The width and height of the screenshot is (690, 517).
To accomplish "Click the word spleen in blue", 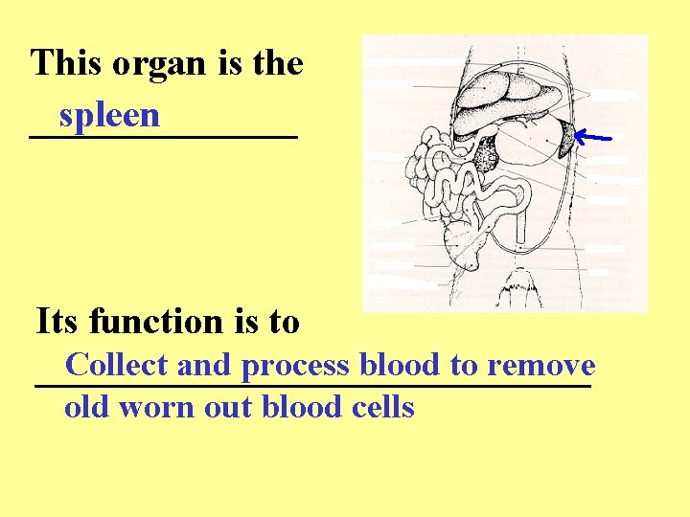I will (x=108, y=116).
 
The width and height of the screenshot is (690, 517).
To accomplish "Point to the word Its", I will (x=56, y=322).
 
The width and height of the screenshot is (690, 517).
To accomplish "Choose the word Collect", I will (x=117, y=365).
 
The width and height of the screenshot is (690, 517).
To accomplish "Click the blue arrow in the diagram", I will (x=595, y=139).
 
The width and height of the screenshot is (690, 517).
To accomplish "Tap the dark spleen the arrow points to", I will (x=566, y=140).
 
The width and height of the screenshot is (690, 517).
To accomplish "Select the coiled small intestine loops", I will (x=441, y=182).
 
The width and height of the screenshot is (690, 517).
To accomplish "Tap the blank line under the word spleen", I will (x=163, y=138).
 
